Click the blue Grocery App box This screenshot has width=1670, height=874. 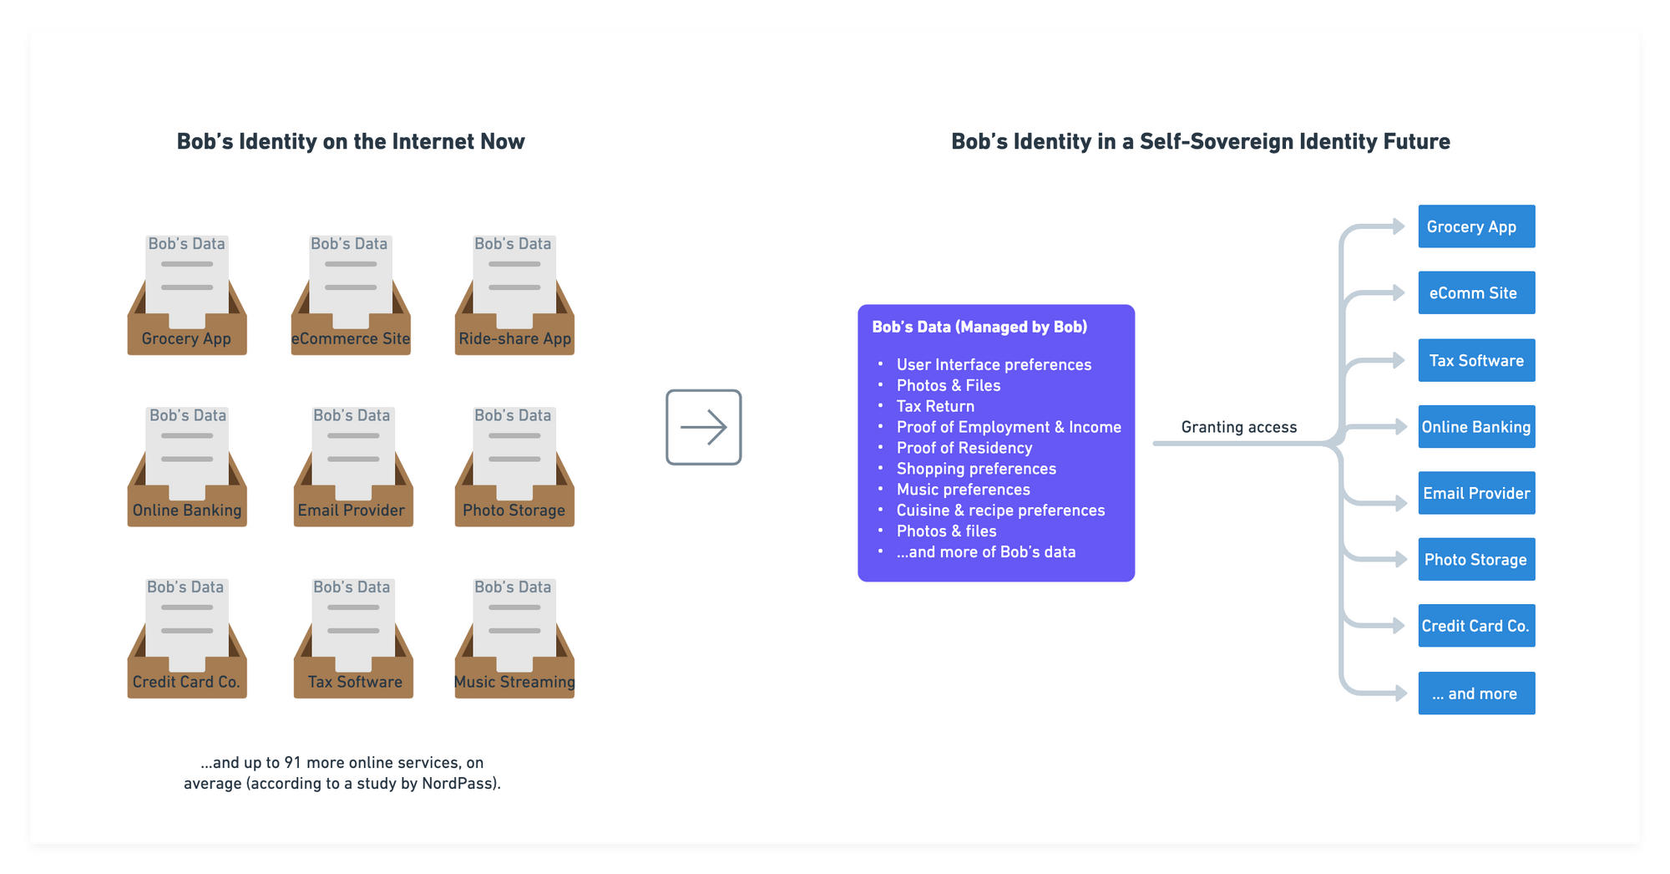1475,226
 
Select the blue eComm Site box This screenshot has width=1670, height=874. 1475,293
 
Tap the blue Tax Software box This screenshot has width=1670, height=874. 1475,360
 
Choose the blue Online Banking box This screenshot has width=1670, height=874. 1475,427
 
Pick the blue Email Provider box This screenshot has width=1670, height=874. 1475,493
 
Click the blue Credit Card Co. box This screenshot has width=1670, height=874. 1475,626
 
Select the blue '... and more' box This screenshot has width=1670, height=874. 1475,694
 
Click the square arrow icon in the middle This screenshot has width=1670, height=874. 703,427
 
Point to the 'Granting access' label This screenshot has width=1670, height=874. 1238,427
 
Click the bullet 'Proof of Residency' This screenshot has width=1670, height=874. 964,448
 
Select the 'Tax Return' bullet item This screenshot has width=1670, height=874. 935,406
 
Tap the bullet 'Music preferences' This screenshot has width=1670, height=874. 963,490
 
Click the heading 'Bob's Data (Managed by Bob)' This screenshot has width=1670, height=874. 979,327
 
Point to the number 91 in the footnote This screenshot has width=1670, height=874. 292,763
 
